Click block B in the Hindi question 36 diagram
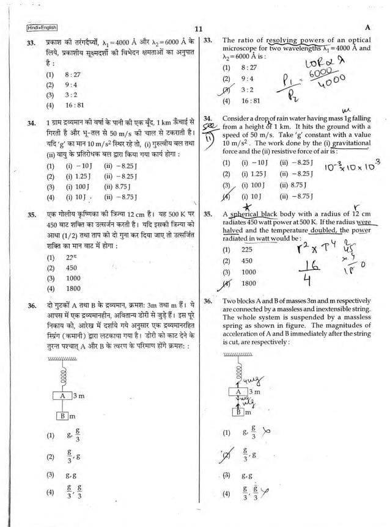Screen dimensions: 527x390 (x=62, y=416)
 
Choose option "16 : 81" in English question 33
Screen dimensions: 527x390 (x=251, y=100)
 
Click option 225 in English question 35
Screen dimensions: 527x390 (x=247, y=250)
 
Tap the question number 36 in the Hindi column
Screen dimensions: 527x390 (x=31, y=304)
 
